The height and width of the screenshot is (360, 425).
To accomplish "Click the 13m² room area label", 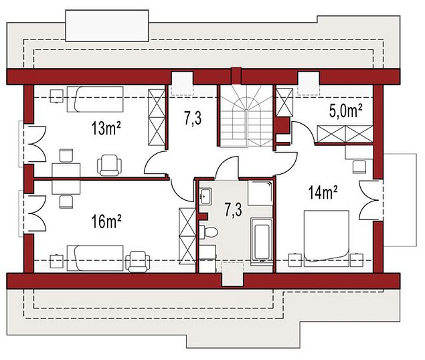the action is pyautogui.click(x=106, y=128).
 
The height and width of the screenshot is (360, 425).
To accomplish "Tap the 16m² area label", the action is pyautogui.click(x=106, y=221).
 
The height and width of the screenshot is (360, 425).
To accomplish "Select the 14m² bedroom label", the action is pyautogui.click(x=323, y=193).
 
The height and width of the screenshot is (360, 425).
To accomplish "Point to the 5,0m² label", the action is pyautogui.click(x=346, y=110).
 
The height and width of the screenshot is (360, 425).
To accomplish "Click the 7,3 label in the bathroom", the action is pyautogui.click(x=233, y=210).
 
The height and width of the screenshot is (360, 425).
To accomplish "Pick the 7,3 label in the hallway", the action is pyautogui.click(x=193, y=118).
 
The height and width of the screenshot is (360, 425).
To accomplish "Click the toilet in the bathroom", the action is pyautogui.click(x=208, y=232).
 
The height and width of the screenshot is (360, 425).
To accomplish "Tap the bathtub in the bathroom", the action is pyautogui.click(x=262, y=241).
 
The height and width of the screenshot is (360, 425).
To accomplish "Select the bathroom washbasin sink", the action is pyautogui.click(x=205, y=196).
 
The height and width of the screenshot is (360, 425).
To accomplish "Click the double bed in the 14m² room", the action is pyautogui.click(x=326, y=238).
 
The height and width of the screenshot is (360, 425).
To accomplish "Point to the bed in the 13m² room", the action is pyautogui.click(x=95, y=99).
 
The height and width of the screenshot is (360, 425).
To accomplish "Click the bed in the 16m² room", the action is pyautogui.click(x=95, y=258).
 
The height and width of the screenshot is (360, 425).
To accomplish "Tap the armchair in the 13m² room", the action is pyautogui.click(x=109, y=165).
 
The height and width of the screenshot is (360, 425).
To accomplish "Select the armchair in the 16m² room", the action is pyautogui.click(x=137, y=262).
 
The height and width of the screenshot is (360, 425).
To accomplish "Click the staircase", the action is pyautogui.click(x=246, y=116).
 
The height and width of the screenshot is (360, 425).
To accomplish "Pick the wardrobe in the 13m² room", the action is pyautogui.click(x=157, y=117).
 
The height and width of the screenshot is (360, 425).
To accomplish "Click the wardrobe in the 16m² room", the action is pyautogui.click(x=187, y=236).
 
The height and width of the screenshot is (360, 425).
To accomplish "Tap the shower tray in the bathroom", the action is pyautogui.click(x=260, y=193).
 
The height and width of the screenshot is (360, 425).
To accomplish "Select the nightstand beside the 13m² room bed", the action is pyautogui.click(x=57, y=96).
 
